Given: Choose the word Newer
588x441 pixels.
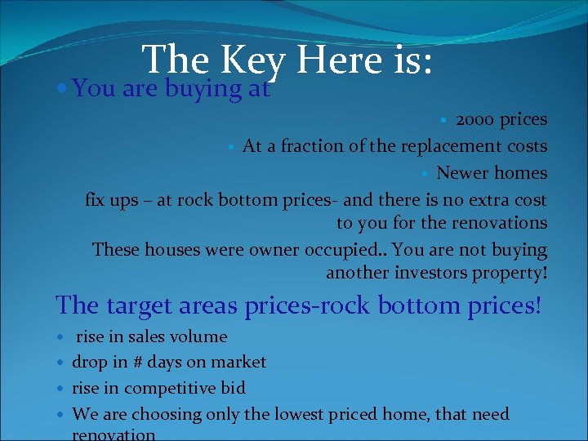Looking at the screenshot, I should coord(461,172).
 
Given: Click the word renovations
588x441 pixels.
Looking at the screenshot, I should coord(499,222).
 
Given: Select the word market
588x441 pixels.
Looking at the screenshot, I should coord(239,362).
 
